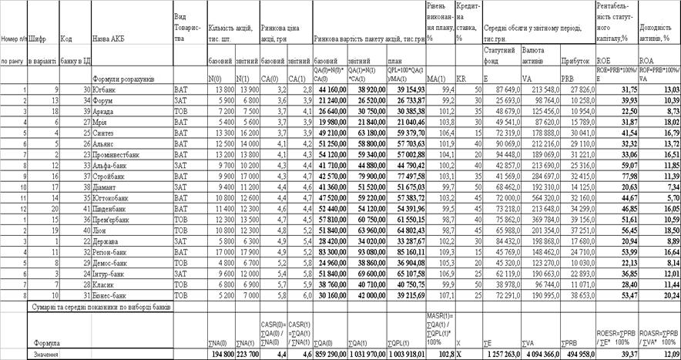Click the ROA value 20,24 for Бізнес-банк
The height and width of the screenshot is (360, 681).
point(666,294)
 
